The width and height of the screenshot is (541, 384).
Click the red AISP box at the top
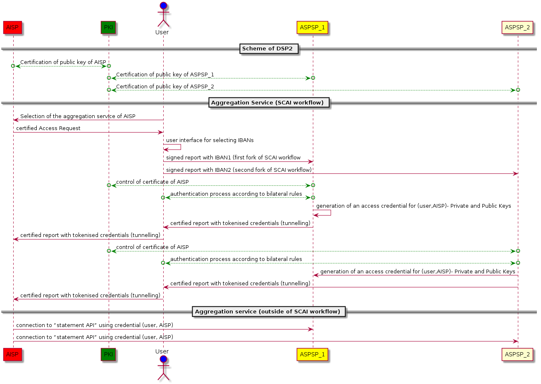click(x=12, y=28)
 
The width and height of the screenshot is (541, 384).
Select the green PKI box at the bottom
click(x=108, y=354)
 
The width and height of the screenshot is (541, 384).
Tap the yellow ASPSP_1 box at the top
click(x=312, y=28)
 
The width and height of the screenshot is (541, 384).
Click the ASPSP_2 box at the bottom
click(x=517, y=354)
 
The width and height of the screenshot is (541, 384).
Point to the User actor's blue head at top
click(x=163, y=6)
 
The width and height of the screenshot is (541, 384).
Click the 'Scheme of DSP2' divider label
click(x=267, y=49)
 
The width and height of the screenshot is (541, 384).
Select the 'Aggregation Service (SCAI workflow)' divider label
click(x=269, y=103)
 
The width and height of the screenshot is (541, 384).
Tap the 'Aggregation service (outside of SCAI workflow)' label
click(x=269, y=312)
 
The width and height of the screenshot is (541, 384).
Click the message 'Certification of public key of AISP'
click(x=63, y=62)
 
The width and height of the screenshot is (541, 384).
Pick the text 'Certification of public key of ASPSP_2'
click(x=165, y=87)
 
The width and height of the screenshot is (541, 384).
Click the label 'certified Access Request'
click(x=48, y=128)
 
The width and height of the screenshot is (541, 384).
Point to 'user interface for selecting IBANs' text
click(x=210, y=140)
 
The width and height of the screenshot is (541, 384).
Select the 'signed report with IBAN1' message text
click(x=233, y=158)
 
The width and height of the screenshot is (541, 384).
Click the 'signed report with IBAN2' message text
click(x=239, y=170)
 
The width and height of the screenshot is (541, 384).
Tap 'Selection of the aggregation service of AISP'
click(x=78, y=116)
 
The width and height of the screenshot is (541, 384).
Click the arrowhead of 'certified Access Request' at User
click(x=161, y=132)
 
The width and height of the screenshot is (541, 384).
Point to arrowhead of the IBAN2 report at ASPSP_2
click(x=515, y=173)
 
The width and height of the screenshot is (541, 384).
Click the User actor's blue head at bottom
click(x=163, y=358)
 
